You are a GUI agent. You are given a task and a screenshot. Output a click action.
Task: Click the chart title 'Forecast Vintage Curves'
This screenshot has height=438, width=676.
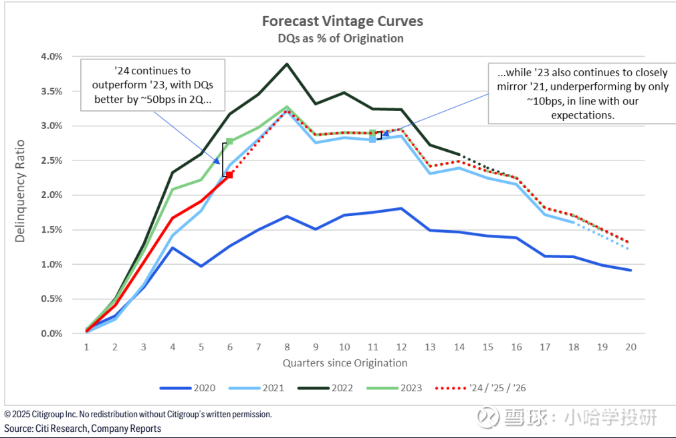click(342, 21)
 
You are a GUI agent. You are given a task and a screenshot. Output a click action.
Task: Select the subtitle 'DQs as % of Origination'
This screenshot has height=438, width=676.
click(341, 38)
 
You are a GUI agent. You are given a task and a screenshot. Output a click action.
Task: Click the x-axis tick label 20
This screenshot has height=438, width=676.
click(630, 348)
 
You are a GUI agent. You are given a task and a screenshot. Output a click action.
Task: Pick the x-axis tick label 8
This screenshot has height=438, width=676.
click(287, 348)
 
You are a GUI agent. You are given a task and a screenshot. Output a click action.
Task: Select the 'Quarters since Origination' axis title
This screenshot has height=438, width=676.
click(344, 363)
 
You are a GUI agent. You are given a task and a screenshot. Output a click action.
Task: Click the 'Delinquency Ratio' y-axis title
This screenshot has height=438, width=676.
click(20, 191)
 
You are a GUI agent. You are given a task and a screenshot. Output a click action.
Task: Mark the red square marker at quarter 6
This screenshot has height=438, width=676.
click(229, 175)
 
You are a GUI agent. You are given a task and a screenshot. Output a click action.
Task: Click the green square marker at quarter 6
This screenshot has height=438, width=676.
click(229, 141)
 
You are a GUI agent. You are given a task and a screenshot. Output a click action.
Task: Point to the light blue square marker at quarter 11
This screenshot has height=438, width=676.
click(372, 139)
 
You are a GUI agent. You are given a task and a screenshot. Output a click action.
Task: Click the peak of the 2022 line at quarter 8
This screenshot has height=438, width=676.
click(287, 64)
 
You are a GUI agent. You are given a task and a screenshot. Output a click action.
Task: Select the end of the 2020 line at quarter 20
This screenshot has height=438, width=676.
click(630, 270)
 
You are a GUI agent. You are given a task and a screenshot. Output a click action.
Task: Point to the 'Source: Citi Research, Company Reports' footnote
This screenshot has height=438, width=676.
click(83, 429)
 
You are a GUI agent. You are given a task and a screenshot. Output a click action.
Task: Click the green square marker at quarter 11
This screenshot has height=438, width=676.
click(372, 133)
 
